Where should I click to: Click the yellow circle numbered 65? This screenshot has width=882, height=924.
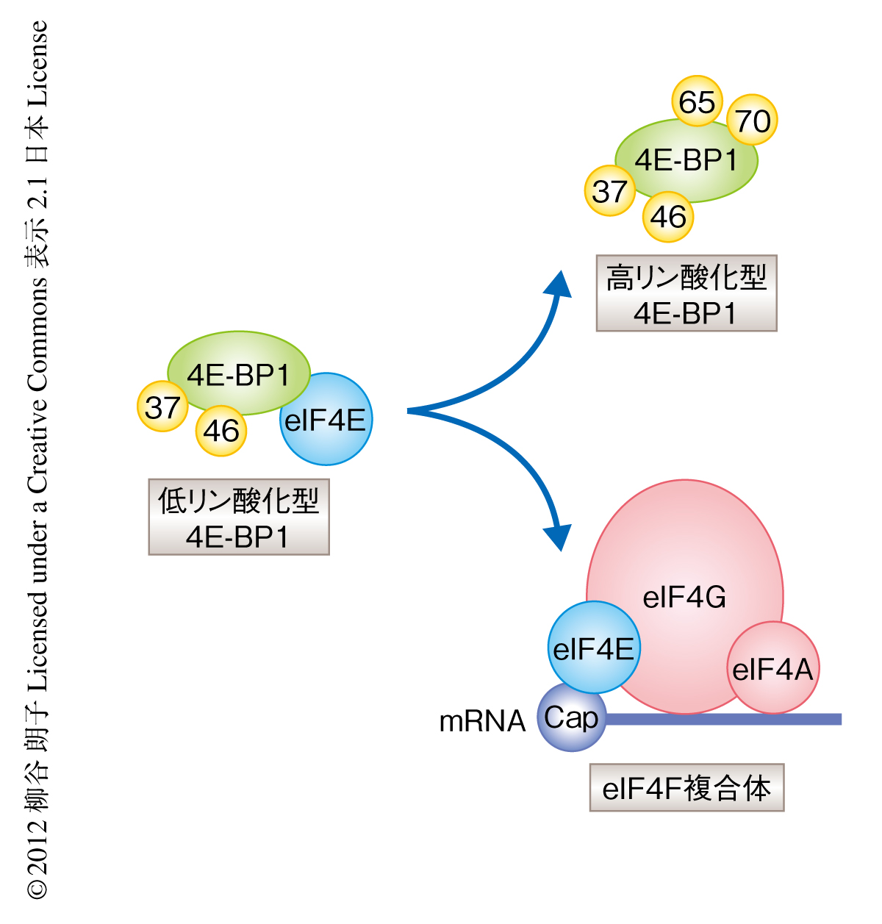click(697, 101)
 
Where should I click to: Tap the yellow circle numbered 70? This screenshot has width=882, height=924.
click(753, 121)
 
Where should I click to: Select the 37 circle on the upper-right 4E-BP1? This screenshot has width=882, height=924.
click(609, 191)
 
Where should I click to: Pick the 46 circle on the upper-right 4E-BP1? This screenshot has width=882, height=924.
click(667, 217)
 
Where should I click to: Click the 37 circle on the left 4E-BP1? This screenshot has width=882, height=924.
click(162, 407)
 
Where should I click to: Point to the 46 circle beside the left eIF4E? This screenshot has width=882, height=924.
click(220, 431)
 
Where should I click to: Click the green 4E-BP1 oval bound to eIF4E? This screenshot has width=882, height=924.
click(238, 372)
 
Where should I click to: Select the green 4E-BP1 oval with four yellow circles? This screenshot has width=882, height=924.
click(686, 160)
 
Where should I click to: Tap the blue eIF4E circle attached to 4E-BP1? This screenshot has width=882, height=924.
click(326, 420)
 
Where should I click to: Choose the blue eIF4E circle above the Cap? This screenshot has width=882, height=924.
click(593, 648)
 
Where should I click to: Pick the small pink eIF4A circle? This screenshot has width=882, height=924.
click(772, 668)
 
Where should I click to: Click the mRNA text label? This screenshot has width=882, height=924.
click(482, 721)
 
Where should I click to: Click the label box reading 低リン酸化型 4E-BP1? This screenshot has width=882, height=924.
click(238, 517)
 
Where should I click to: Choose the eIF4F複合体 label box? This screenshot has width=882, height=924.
click(686, 788)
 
